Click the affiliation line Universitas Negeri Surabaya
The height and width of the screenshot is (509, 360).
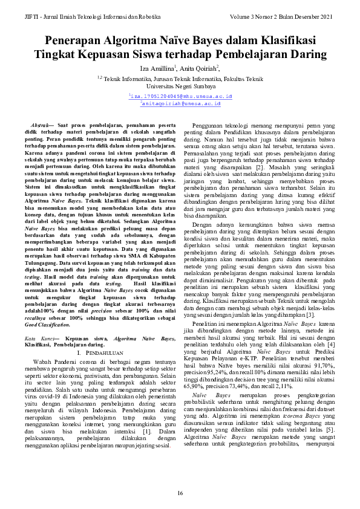180,86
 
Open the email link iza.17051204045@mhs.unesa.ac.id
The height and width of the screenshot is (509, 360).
180,96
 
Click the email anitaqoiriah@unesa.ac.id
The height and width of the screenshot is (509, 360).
180,104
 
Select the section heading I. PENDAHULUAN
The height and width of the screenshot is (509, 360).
100,351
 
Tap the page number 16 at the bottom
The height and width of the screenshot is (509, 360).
180,494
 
